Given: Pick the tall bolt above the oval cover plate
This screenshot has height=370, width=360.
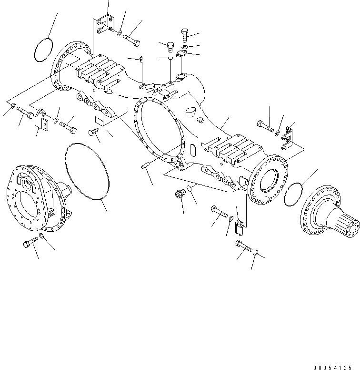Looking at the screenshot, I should pyautogui.click(x=185, y=35).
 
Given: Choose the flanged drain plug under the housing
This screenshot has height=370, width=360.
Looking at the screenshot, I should pyautogui.click(x=180, y=195).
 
